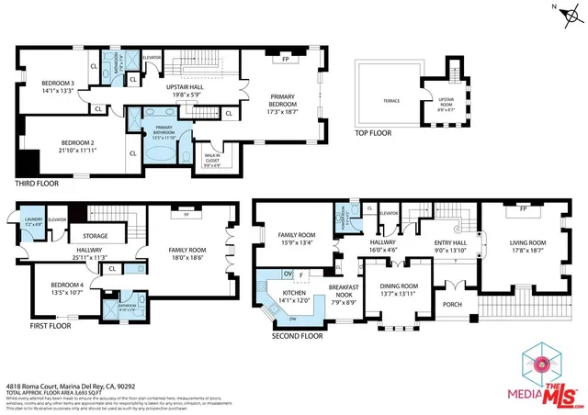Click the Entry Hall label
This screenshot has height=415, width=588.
(x=451, y=245)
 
